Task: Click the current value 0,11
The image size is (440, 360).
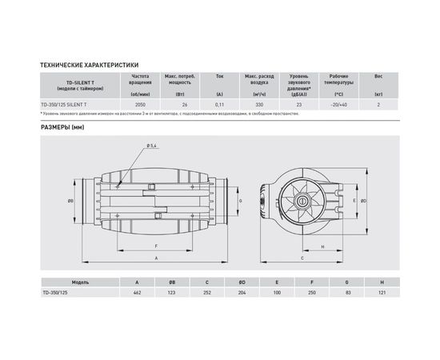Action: [x=219, y=105]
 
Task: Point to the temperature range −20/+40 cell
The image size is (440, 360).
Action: [x=338, y=105]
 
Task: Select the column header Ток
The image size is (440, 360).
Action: [x=219, y=76]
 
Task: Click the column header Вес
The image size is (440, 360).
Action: [x=378, y=76]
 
